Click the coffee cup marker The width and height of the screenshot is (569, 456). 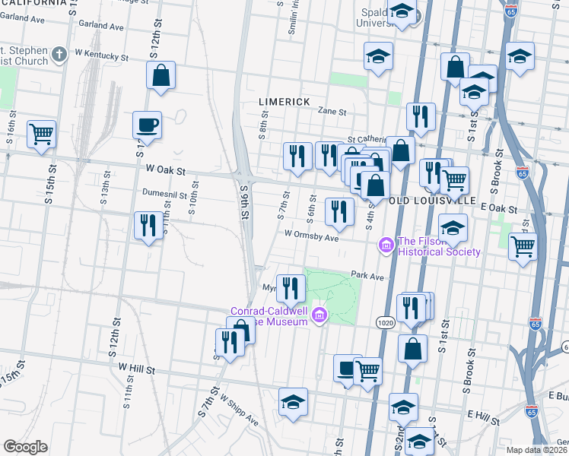(147, 125)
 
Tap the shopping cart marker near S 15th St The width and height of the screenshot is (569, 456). (41, 135)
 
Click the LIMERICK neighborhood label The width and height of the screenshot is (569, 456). (284, 101)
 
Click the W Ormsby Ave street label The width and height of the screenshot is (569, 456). (311, 236)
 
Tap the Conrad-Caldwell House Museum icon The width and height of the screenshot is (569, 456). (319, 314)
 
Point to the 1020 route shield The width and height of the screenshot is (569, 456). (384, 323)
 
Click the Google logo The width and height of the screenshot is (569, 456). (25, 447)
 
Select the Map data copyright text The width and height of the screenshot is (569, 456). (536, 449)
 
